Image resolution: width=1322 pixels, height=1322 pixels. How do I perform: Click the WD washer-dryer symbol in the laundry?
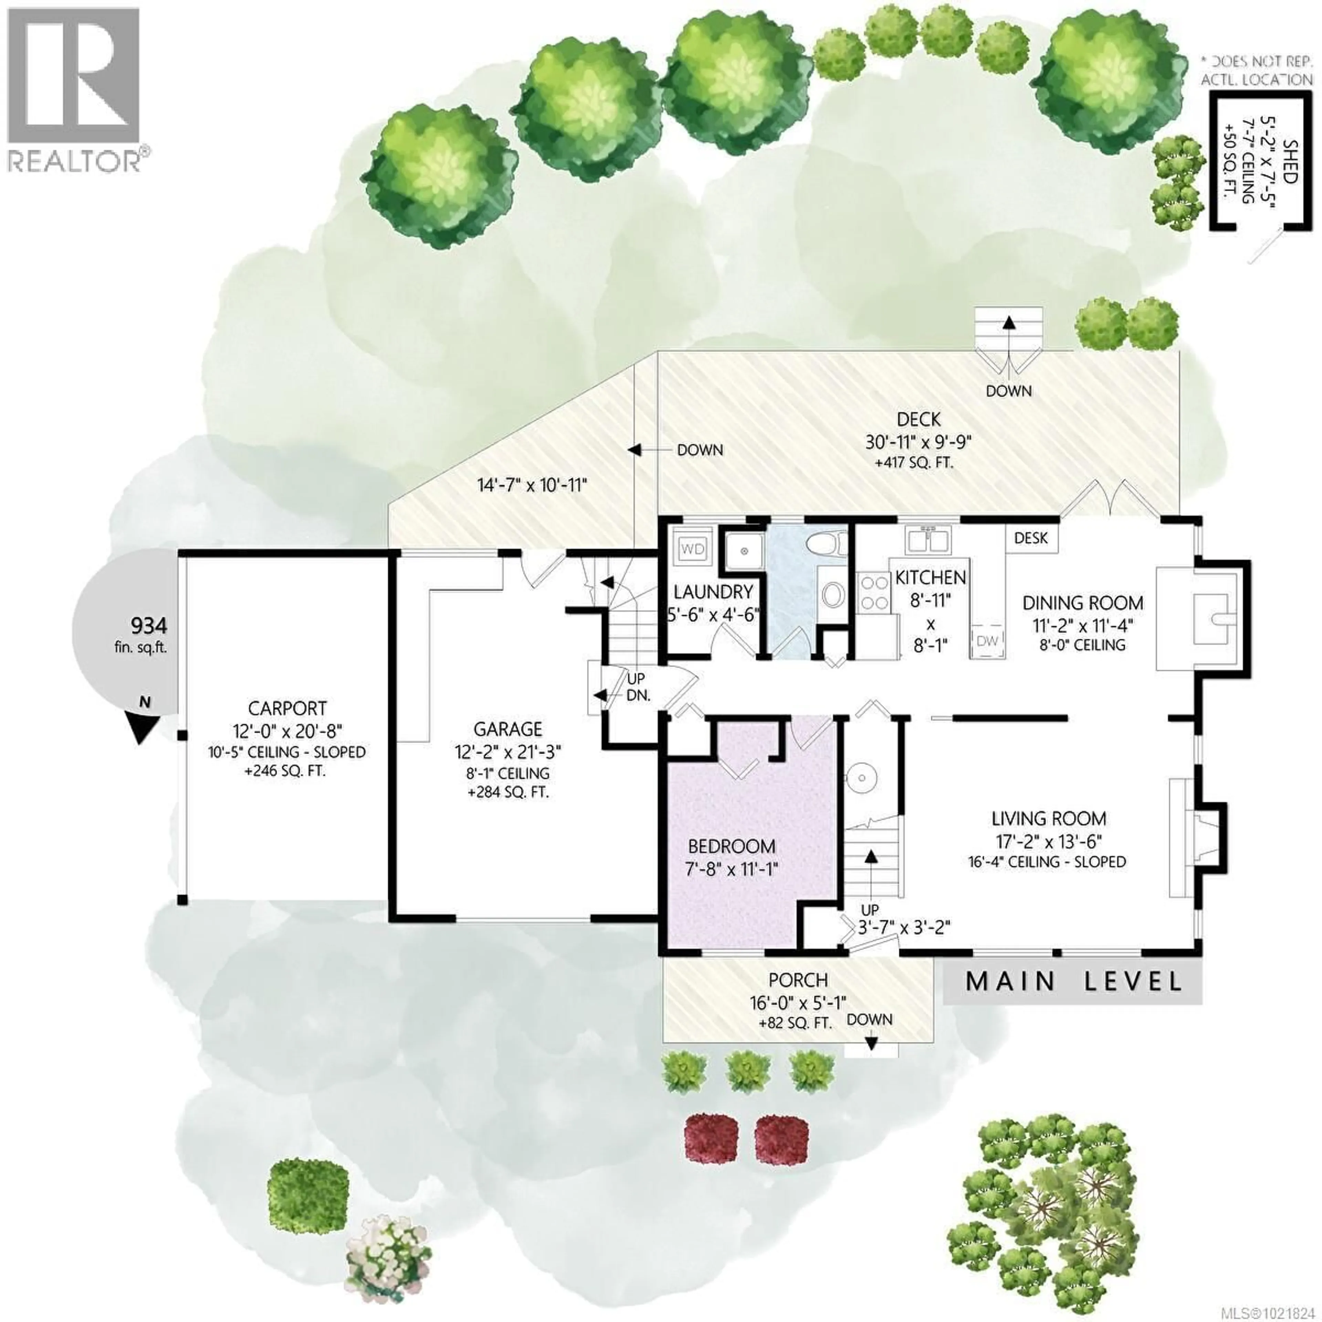(692, 549)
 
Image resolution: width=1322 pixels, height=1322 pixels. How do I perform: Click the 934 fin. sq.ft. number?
(148, 626)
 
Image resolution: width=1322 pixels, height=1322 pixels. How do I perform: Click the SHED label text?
(1289, 161)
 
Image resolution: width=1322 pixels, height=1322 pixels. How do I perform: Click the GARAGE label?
(508, 729)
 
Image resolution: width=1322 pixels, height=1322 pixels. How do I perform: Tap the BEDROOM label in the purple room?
(732, 847)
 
